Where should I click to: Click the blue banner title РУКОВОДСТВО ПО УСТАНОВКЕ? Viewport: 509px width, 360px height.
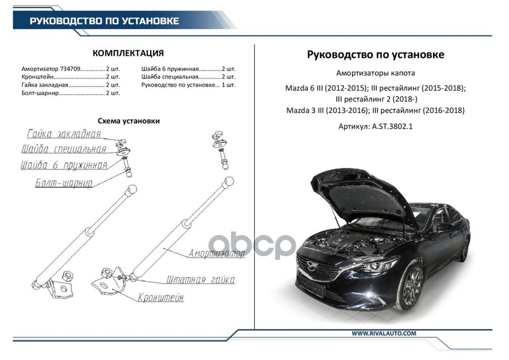104,21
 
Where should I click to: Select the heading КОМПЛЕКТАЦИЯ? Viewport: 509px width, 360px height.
128,54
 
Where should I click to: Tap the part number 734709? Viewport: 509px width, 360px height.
70,69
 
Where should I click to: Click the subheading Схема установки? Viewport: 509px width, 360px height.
129,121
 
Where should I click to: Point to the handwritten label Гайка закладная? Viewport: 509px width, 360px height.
64,134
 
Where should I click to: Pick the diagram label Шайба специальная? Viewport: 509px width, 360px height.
64,149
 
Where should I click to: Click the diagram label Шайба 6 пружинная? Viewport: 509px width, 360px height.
64,165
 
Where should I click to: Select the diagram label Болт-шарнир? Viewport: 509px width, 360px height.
64,183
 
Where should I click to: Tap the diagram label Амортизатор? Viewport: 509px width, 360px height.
217,253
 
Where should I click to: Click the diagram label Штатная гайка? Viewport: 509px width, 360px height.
201,280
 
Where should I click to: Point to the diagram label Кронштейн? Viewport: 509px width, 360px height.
161,297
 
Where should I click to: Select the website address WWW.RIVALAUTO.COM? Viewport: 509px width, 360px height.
384,333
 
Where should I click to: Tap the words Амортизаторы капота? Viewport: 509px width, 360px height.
375,73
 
